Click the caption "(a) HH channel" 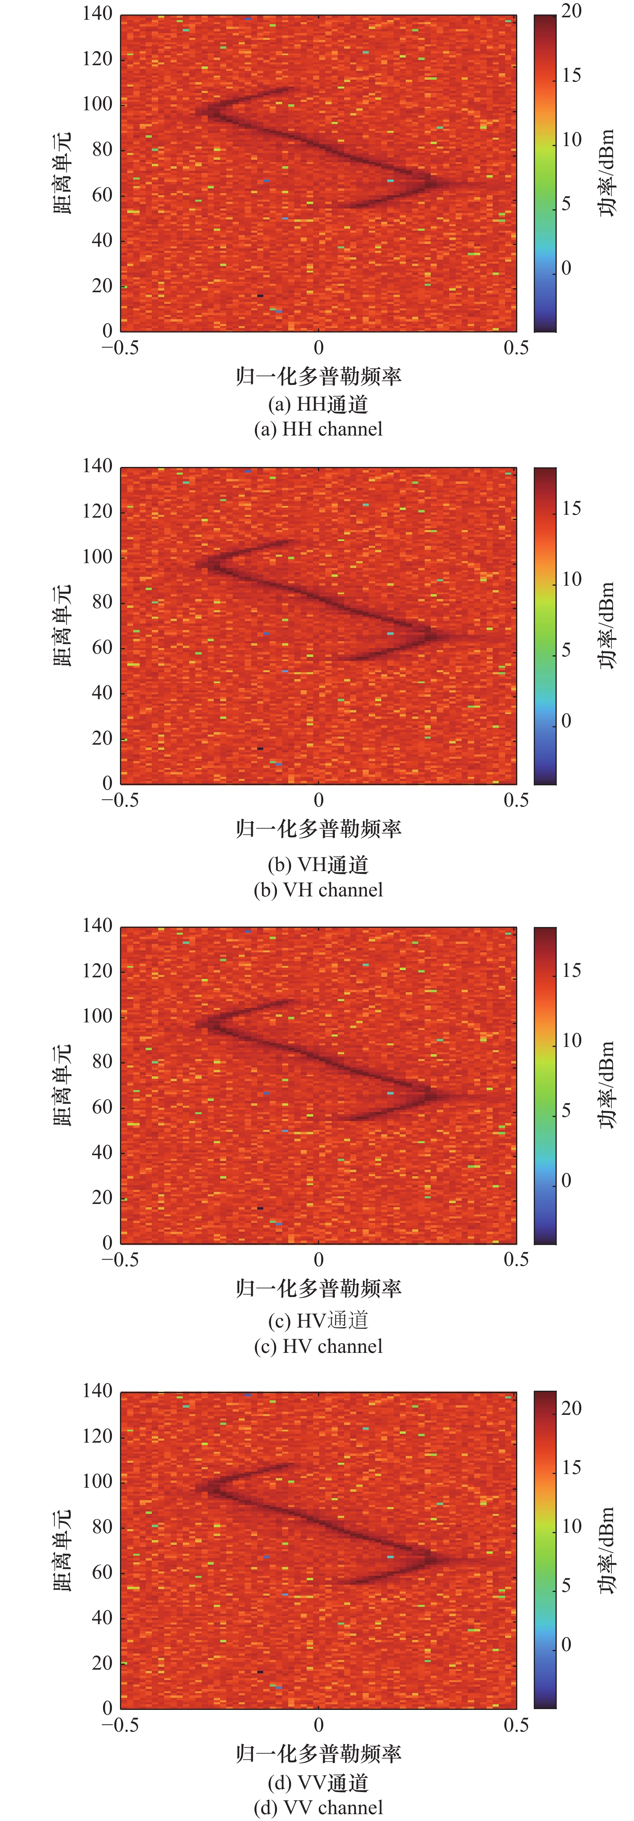tap(318, 429)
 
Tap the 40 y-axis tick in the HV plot tap(103, 1152)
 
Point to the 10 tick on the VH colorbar tap(571, 580)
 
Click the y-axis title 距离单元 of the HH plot tap(62, 173)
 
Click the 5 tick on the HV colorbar tap(566, 1111)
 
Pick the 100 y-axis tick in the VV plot tap(97, 1482)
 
